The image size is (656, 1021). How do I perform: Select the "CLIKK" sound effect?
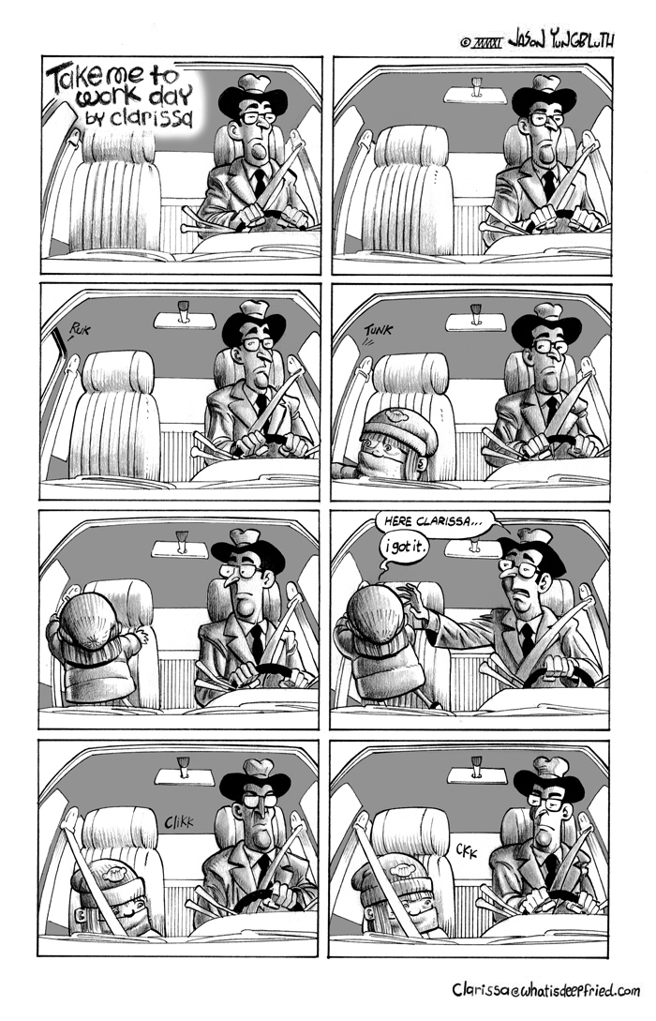(x=178, y=822)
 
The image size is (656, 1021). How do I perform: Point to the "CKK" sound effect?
(x=467, y=850)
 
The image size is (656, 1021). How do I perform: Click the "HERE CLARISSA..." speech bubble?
(x=432, y=521)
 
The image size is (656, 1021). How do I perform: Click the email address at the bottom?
(x=546, y=990)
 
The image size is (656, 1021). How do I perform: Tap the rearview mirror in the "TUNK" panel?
(x=476, y=321)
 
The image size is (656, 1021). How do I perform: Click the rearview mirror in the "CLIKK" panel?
(x=185, y=774)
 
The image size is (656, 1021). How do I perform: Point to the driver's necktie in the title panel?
(x=259, y=182)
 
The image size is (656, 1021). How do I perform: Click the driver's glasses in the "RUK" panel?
(x=259, y=343)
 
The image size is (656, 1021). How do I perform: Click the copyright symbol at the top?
(x=465, y=43)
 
